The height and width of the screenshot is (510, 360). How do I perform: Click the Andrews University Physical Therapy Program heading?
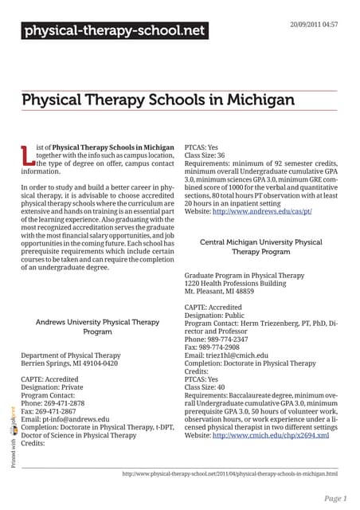click(98, 326)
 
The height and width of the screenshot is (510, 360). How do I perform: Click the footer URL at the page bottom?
click(229, 473)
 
